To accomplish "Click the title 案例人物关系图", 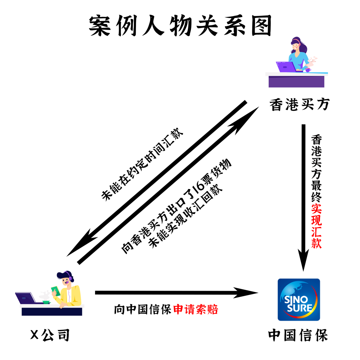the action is [x=180, y=26].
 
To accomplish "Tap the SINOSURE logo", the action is [x=299, y=299].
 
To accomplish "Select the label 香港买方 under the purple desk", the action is [x=299, y=105].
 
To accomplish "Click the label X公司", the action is [x=50, y=335].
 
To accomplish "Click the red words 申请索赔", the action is [x=196, y=310].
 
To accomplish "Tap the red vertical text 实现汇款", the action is [x=316, y=226].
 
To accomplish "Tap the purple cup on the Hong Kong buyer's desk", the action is [x=308, y=70].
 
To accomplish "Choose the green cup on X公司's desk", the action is [x=46, y=302].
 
